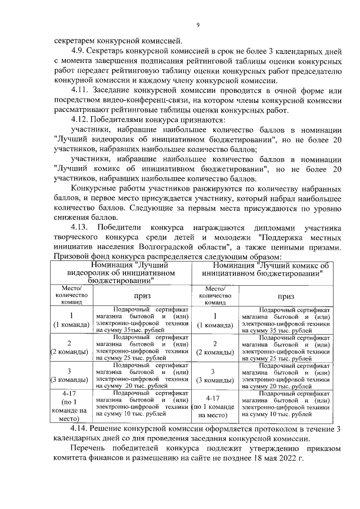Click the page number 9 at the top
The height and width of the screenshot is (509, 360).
pos(198,25)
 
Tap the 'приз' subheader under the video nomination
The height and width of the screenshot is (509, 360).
pos(142,295)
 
